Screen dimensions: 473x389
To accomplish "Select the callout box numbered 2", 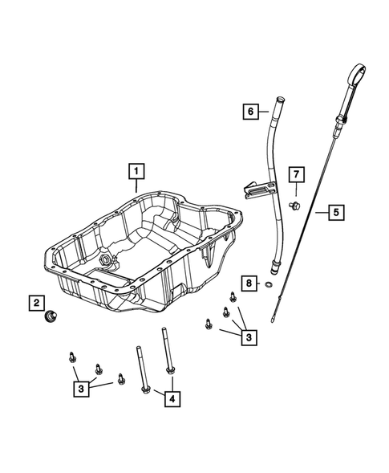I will (36, 303).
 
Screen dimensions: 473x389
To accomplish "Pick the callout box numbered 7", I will (295, 173).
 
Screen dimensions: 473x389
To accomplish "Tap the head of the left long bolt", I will (144, 389).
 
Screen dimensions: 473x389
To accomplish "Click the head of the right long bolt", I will (171, 370).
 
